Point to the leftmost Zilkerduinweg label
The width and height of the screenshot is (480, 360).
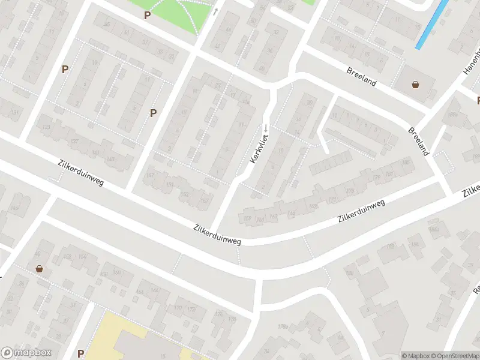tap(81, 173)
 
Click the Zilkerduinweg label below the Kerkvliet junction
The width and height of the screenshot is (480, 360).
tap(217, 235)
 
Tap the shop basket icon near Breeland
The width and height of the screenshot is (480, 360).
tap(415, 85)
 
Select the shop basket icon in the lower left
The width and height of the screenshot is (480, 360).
tap(40, 269)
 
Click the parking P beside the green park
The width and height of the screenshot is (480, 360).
tap(147, 14)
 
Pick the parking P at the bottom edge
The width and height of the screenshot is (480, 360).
tap(80, 353)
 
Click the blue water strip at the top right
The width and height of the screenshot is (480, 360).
tap(432, 24)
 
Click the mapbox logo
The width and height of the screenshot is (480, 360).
tap(26, 353)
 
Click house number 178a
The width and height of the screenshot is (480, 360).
tap(283, 326)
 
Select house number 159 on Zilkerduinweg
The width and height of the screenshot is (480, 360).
tap(247, 218)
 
